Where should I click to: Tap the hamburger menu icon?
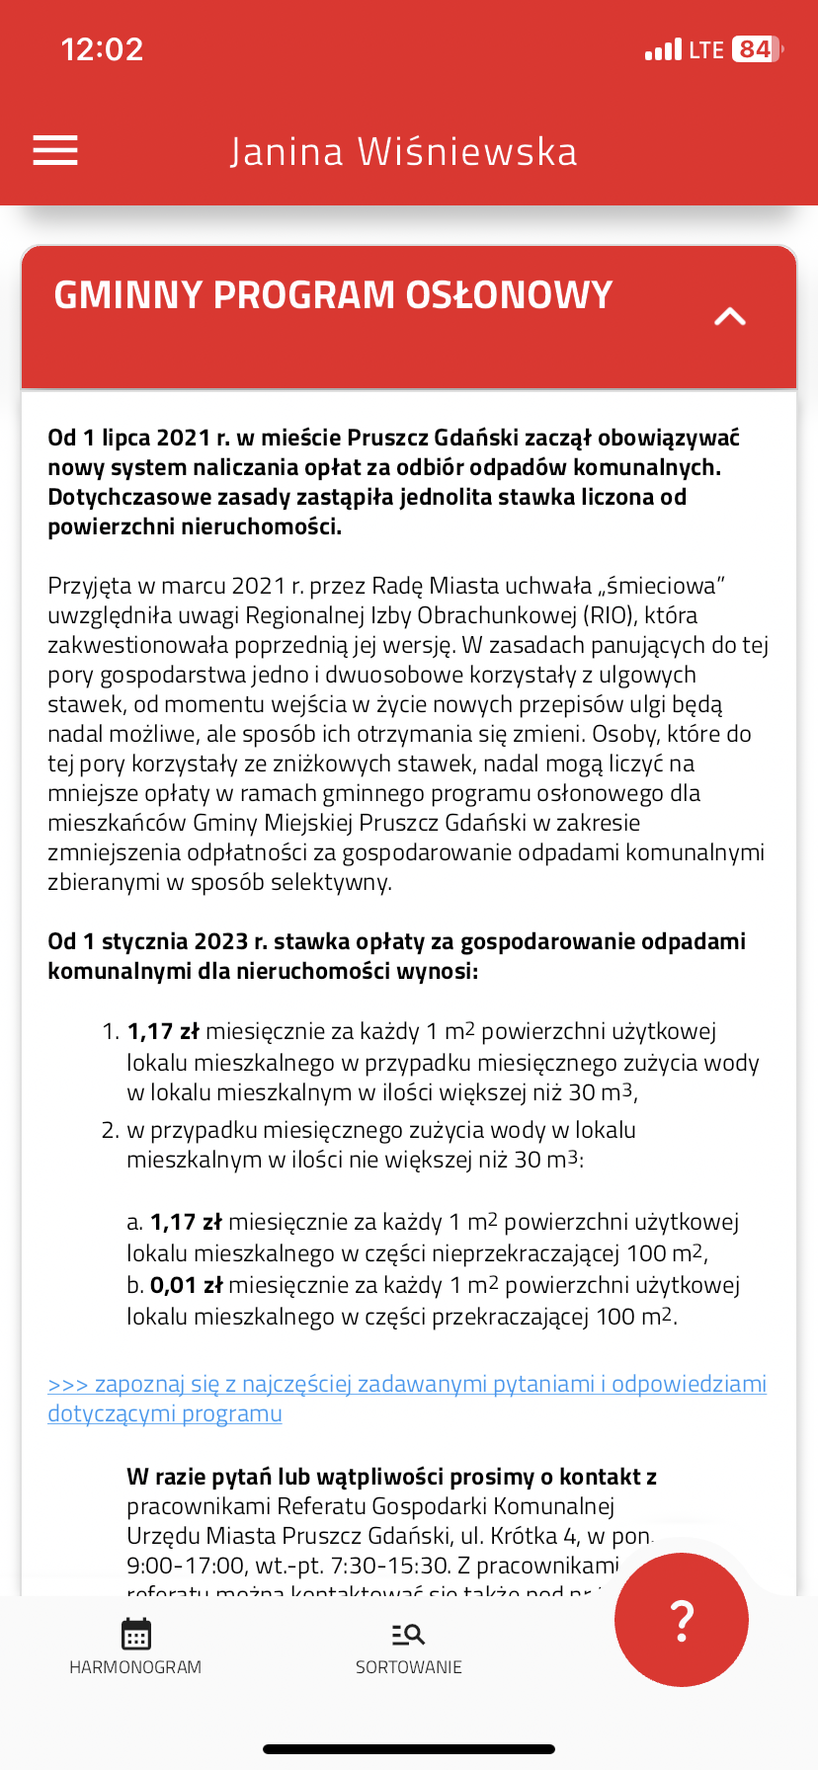point(55,150)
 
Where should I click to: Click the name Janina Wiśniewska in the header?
point(403,152)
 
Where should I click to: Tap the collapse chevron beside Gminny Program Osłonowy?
point(730,316)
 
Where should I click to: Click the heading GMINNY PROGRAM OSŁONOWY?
point(333,295)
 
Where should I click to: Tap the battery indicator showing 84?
point(756,49)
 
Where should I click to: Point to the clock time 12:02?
point(102,49)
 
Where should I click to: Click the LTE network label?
point(706,49)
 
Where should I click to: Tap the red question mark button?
point(682,1620)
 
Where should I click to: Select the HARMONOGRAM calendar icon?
point(135,1635)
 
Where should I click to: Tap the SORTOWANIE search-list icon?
point(408,1635)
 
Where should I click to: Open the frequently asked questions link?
point(406,1399)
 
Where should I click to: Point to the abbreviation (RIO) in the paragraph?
point(609,615)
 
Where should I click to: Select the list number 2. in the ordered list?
point(110,1130)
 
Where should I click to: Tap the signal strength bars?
point(663,49)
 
